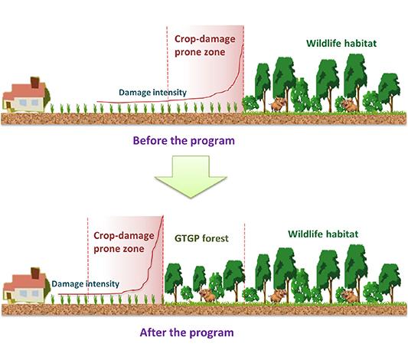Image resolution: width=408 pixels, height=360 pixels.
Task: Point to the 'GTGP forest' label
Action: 201,240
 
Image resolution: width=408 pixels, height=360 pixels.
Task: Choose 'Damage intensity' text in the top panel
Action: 152,93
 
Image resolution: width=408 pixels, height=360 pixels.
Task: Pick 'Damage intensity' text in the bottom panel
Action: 86,283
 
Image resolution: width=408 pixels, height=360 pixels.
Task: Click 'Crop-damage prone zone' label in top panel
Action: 205,45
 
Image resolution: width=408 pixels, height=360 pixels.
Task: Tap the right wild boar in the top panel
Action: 348,103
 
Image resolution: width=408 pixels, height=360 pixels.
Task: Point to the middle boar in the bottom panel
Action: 276,295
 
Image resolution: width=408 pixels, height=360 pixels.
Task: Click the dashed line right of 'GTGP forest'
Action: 244,260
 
